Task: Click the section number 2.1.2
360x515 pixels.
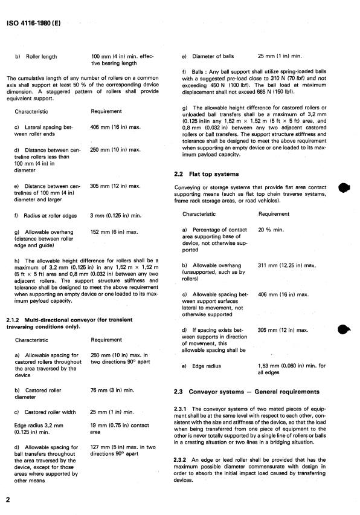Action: coord(15,319)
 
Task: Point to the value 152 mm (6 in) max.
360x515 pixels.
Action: coord(114,232)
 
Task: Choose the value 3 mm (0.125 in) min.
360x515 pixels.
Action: coord(116,214)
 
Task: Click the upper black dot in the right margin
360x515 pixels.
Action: coord(344,187)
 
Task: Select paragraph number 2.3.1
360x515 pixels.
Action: coord(181,411)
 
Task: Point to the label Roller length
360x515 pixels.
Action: coord(40,57)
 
